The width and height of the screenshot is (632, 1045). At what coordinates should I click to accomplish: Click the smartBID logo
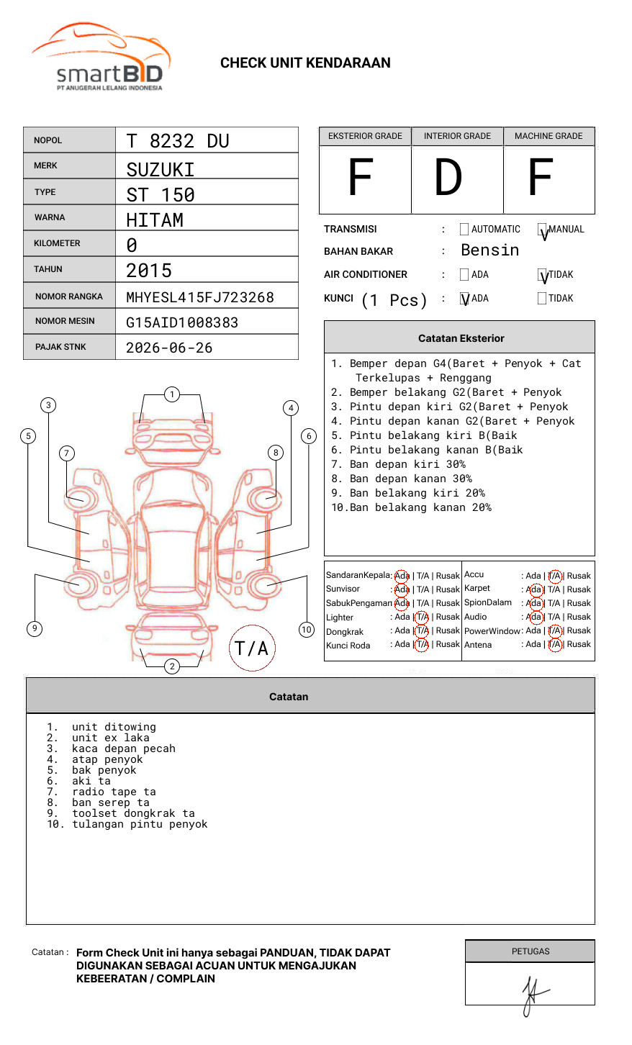coord(101,57)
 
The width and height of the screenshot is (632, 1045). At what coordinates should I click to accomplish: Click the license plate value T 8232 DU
coord(178,141)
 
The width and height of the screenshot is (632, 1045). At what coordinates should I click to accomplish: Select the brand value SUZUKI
coord(160,170)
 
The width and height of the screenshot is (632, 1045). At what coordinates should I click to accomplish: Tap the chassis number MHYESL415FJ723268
coord(200,297)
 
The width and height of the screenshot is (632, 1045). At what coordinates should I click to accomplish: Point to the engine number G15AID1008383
coord(182,322)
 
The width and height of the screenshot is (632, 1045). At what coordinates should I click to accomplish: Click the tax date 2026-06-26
coord(169,348)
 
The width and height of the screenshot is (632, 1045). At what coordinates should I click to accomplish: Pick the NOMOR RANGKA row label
coord(69,297)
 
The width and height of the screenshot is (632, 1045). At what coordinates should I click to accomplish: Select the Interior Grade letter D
coord(448,177)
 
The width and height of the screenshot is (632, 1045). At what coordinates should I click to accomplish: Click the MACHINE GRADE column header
coord(549,136)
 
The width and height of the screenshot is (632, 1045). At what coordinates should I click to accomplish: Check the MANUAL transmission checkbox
coord(542,229)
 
